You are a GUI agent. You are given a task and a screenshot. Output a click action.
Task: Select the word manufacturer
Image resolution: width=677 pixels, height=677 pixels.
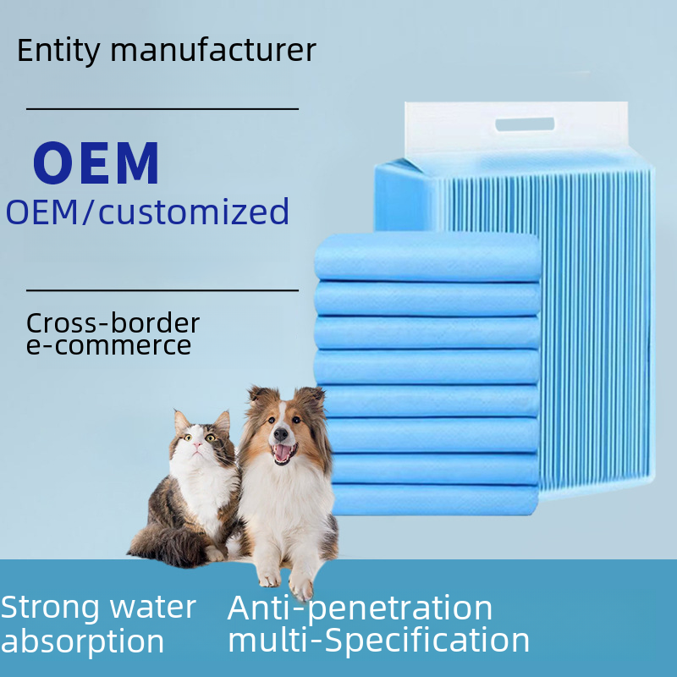coord(213,50)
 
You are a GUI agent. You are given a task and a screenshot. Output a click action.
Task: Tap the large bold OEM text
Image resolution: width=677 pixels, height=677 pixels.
coord(96,163)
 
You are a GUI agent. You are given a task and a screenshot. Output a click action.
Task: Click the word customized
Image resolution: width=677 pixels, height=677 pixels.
coord(194,211)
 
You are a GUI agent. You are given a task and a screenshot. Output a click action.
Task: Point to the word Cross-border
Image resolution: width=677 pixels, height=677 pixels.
coord(113,323)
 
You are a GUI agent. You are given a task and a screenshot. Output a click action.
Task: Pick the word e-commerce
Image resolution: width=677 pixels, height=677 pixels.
coord(108,346)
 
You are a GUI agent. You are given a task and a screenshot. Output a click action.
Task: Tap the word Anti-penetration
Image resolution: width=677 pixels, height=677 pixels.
coord(360,608)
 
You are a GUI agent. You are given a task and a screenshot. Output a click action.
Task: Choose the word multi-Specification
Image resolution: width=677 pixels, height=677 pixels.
coord(378,641)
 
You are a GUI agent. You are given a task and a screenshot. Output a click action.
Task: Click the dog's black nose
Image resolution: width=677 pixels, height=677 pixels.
coord(281,434)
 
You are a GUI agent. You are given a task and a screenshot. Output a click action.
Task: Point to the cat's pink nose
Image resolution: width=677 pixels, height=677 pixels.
coord(197,444)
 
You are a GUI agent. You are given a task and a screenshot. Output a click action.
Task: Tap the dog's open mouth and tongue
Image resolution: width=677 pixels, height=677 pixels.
coord(283,454)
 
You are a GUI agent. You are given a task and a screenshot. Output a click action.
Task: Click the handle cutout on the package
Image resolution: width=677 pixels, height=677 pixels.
coord(525,124)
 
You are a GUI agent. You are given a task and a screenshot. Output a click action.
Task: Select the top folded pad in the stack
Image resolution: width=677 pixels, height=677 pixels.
coord(427,256)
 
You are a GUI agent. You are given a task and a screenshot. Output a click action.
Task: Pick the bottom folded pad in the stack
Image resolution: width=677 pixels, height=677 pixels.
coord(435,499)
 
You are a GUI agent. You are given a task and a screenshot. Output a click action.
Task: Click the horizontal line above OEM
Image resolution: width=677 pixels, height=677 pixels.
coord(162,109)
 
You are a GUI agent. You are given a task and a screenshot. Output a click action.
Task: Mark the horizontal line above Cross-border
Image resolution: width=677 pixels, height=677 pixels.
coord(162,290)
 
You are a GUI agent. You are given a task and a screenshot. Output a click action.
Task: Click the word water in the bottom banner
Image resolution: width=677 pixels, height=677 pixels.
coord(153,607)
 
